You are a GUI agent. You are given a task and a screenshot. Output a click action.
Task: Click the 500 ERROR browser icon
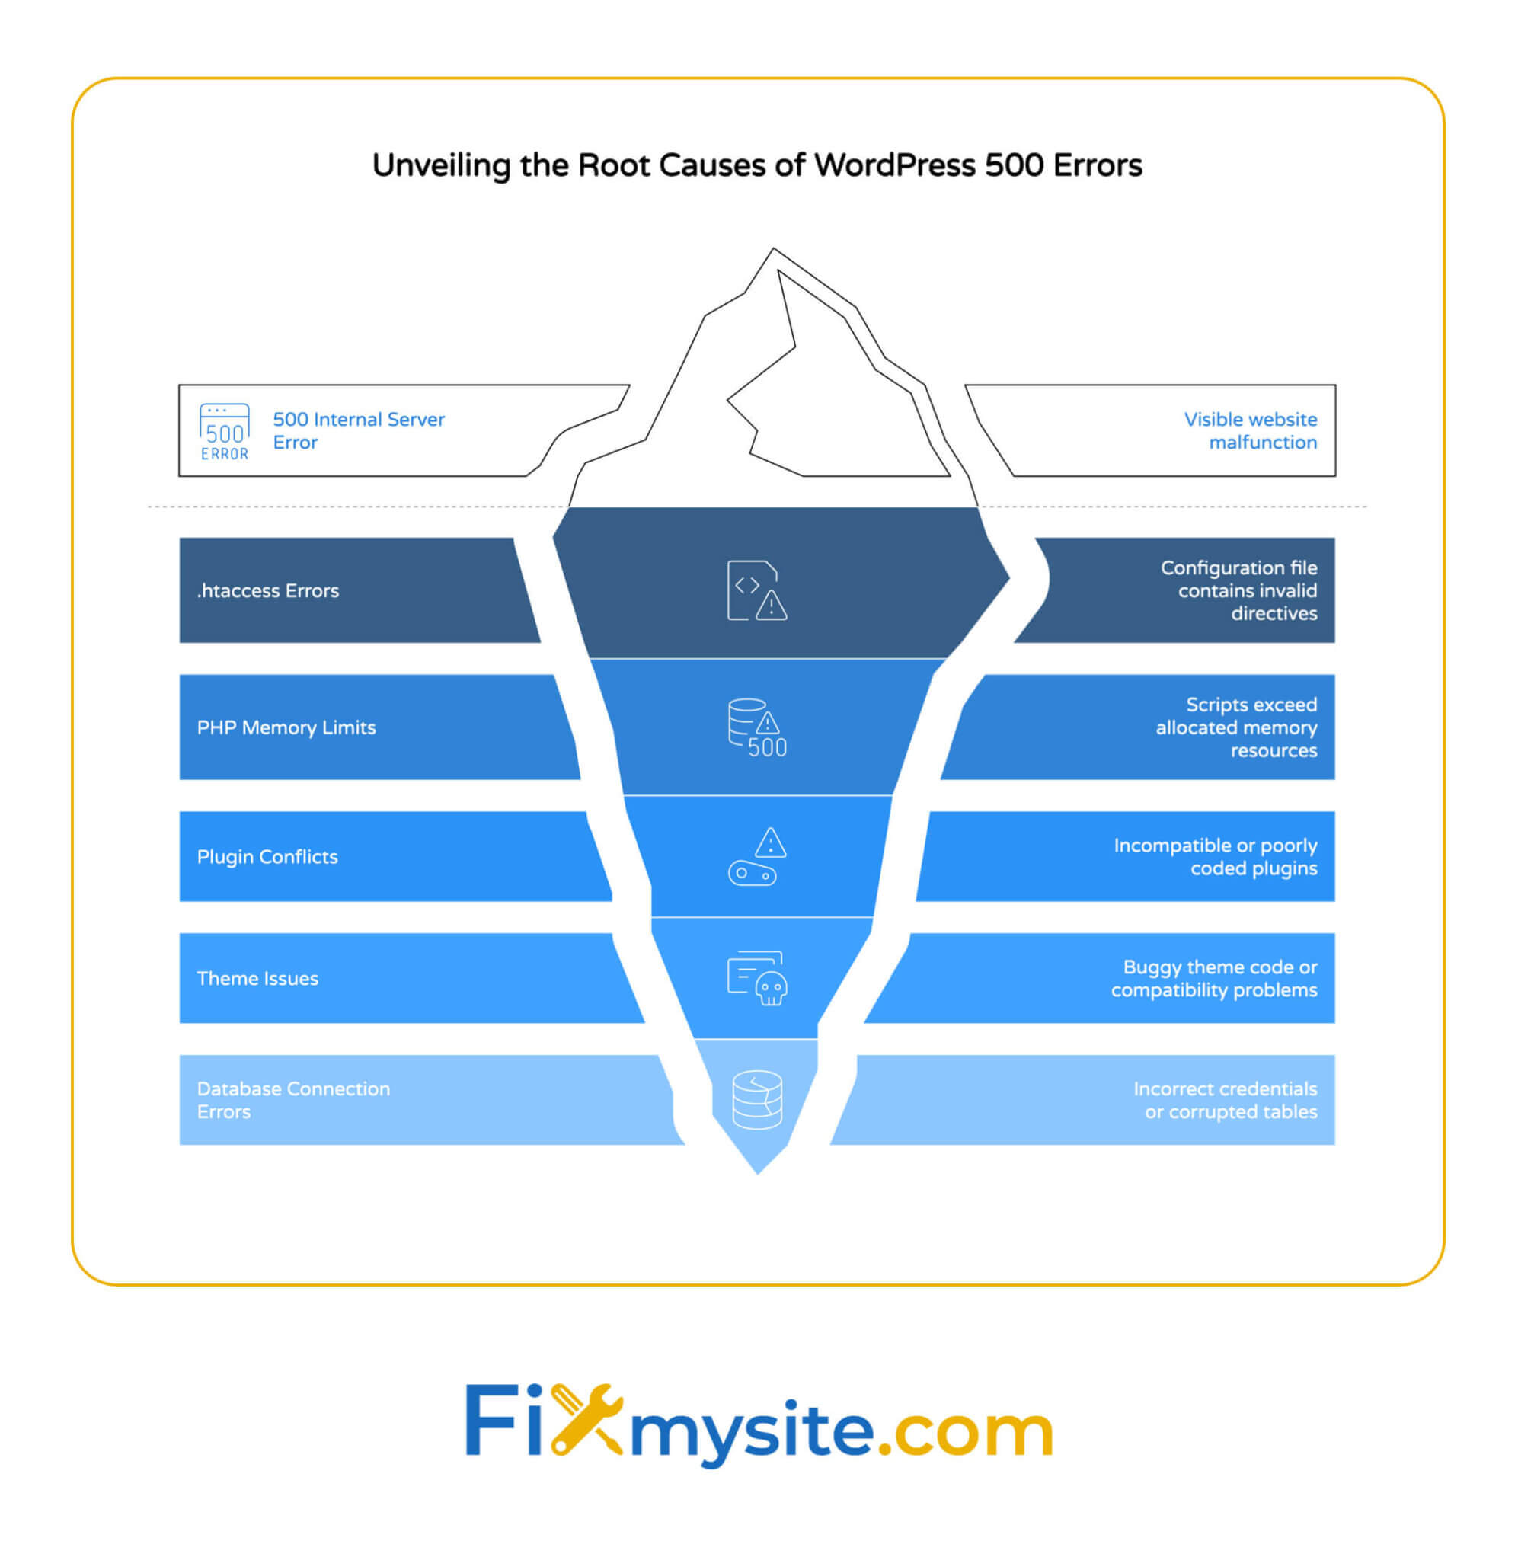(224, 431)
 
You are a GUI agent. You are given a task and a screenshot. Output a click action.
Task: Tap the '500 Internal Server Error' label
(358, 430)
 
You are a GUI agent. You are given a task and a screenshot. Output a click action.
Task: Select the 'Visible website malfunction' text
(1249, 430)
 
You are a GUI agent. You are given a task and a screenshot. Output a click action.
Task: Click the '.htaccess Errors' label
(268, 590)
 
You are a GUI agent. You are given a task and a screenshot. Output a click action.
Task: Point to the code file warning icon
(756, 590)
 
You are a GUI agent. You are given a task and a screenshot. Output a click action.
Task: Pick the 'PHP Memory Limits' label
(286, 727)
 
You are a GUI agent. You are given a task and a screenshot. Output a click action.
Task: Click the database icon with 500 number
(756, 727)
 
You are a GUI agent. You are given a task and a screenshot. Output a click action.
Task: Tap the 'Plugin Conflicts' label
(267, 856)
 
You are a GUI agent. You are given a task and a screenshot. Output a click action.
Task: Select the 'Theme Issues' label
(257, 978)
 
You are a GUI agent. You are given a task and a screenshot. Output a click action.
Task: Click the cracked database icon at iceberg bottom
(756, 1099)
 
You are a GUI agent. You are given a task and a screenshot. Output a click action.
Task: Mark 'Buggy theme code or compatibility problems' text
(1213, 978)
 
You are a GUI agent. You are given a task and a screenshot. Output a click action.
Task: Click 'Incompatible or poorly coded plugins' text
(1215, 856)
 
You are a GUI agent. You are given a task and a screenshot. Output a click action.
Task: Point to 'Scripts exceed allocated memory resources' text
(1236, 727)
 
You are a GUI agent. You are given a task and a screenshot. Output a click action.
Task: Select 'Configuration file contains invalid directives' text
(1239, 590)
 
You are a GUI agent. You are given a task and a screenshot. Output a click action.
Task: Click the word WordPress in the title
(894, 165)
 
